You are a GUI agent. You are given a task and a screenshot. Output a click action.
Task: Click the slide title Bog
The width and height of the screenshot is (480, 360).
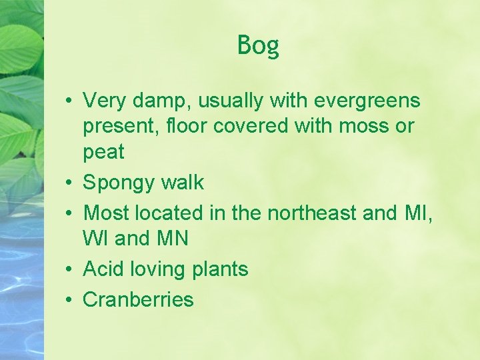tap(258, 46)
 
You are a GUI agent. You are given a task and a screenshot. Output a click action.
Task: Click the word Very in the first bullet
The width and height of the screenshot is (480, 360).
tap(105, 101)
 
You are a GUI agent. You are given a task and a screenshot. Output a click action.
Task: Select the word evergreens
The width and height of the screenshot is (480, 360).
tap(367, 101)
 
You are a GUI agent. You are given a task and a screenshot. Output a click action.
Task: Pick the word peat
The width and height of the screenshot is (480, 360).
tap(103, 153)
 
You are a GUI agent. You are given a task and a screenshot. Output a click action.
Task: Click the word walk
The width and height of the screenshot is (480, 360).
tap(183, 183)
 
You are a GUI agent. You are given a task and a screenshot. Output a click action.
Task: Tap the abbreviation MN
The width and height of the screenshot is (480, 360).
tap(173, 238)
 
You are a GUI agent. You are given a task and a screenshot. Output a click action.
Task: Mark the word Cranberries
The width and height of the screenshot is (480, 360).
tap(138, 300)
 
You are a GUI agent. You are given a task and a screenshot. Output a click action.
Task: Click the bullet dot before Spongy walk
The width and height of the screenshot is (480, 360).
tap(69, 183)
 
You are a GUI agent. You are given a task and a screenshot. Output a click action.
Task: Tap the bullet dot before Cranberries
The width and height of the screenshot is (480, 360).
tap(69, 300)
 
